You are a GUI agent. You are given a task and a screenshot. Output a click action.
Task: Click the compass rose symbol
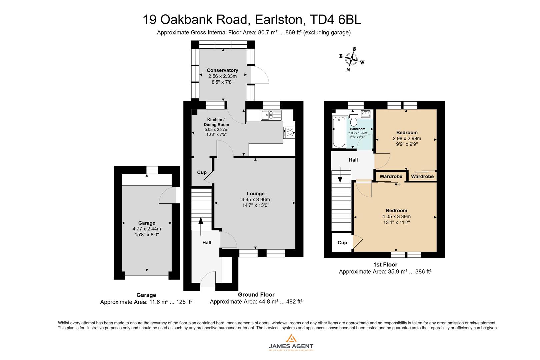(351, 59)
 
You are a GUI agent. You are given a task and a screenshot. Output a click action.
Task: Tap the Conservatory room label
(222, 70)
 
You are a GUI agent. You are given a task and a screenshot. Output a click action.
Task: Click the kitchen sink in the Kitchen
(271, 115)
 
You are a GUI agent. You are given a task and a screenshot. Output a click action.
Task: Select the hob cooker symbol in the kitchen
(289, 133)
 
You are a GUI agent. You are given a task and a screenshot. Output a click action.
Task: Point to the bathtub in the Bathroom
(339, 132)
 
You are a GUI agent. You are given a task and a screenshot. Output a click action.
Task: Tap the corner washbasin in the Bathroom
(366, 114)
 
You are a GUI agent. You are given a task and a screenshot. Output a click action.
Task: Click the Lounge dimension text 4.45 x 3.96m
(256, 200)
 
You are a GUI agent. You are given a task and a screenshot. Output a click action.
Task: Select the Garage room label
(147, 223)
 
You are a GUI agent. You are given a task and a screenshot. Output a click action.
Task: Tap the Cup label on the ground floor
(202, 172)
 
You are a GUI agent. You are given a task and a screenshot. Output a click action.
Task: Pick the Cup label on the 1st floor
(342, 243)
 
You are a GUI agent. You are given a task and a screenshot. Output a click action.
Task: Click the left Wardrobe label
(391, 176)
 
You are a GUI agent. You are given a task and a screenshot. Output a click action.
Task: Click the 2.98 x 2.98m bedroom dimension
(407, 139)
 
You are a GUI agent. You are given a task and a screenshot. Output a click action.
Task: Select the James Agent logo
(291, 342)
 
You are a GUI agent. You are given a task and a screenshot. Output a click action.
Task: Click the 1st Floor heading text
(385, 265)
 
